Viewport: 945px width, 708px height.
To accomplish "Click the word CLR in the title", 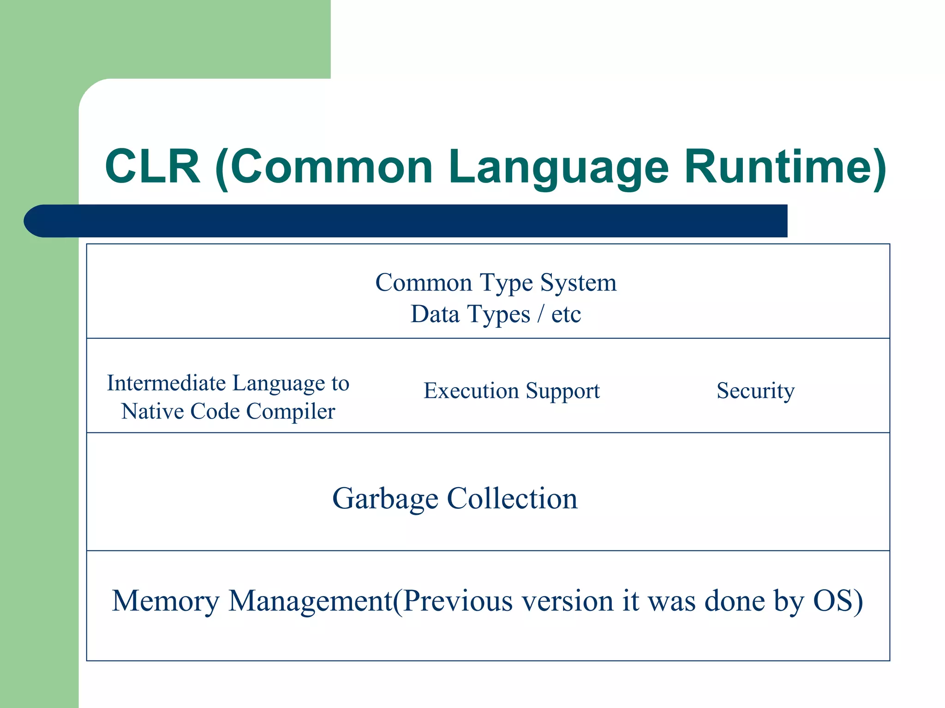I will (x=153, y=166).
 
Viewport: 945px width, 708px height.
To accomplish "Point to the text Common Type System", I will (x=496, y=283).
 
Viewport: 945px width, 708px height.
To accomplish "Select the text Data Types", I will (x=470, y=315).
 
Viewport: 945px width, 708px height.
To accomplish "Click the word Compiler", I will (x=291, y=412).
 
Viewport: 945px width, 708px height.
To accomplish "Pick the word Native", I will (x=153, y=411).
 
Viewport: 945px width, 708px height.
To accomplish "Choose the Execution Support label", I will (x=511, y=391).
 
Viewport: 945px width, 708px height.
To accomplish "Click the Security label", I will (x=755, y=391).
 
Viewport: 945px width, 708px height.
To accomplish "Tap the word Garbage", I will (x=385, y=499).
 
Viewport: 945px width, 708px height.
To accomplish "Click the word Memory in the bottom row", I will (x=166, y=601).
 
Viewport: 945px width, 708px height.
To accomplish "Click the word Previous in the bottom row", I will (x=457, y=601).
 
